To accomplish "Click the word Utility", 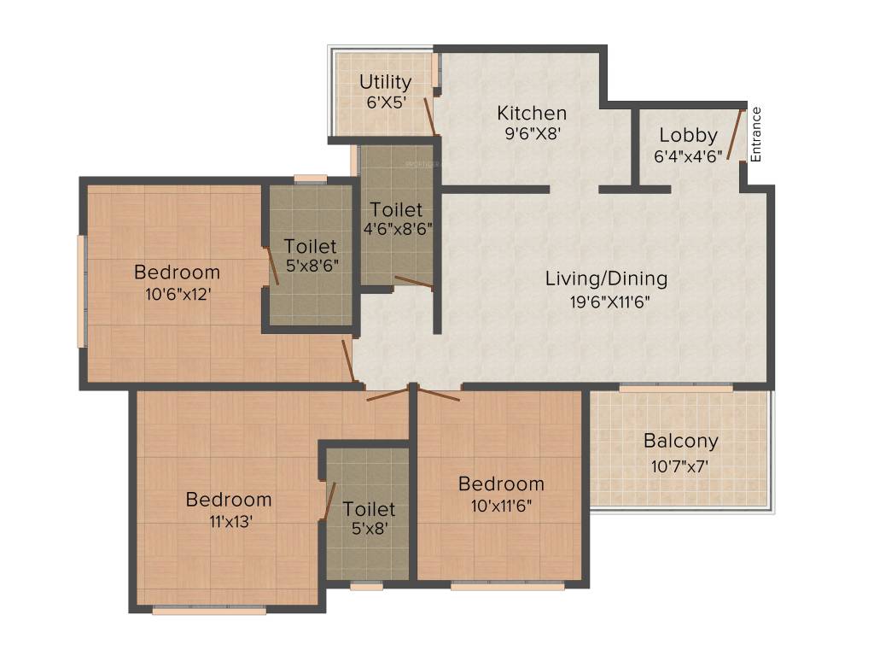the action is click(385, 83).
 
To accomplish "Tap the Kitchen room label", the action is click(532, 114).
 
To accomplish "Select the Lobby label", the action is click(689, 136).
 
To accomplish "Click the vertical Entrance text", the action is click(756, 135).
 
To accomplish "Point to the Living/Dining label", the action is click(607, 278).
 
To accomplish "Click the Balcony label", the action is click(680, 442).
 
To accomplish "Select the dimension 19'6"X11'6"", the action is click(609, 302).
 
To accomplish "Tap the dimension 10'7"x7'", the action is click(679, 466).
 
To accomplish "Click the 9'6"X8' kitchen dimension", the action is click(533, 134).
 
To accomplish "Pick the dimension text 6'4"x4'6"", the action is click(688, 156).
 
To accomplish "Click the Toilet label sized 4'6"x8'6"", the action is click(396, 210).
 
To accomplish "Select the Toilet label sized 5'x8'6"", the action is click(311, 247).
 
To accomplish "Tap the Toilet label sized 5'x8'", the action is click(369, 509).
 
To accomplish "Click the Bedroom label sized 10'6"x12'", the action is click(178, 272).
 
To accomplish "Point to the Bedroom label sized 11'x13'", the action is click(229, 499).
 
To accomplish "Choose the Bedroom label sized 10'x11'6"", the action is click(501, 483).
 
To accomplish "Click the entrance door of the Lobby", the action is click(735, 134).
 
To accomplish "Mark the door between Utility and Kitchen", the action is click(430, 116).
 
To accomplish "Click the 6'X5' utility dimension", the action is click(386, 102).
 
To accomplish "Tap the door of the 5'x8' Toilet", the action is click(330, 501).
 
